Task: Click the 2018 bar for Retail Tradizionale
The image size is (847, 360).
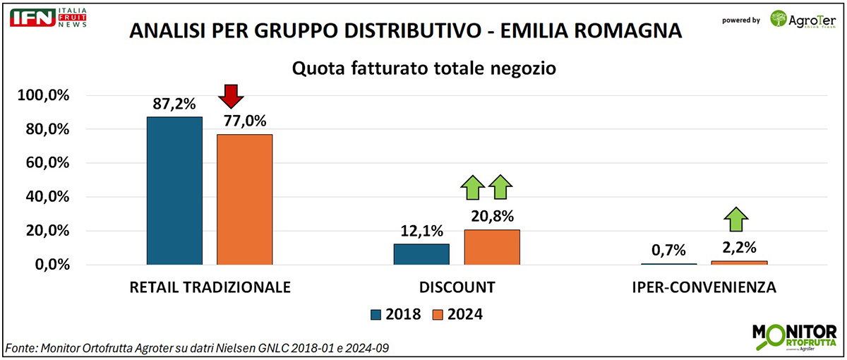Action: coord(174,191)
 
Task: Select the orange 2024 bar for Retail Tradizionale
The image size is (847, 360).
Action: coord(244,199)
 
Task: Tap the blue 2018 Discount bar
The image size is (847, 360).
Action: coord(421,254)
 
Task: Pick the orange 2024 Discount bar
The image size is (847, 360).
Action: coord(491,247)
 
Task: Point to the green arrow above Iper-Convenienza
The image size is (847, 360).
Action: coord(737,220)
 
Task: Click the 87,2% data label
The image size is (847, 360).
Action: coord(174,104)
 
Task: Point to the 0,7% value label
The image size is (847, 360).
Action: coord(667,250)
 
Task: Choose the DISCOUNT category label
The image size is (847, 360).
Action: coord(457,288)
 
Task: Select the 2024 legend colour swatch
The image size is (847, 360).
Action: coord(438,314)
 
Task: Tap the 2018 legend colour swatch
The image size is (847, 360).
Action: coord(376,314)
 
